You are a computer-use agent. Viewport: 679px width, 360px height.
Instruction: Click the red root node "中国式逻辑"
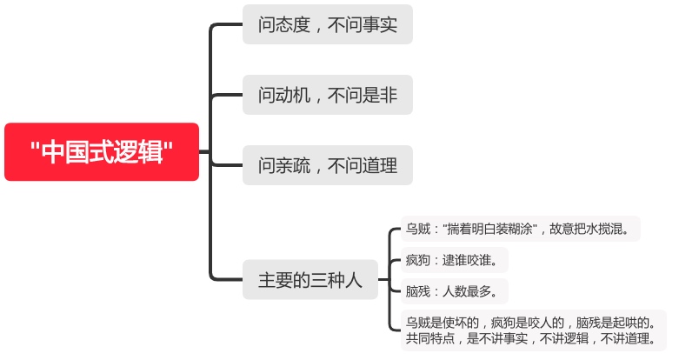tap(102, 152)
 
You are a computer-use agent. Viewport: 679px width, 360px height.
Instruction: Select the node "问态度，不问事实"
tap(327, 25)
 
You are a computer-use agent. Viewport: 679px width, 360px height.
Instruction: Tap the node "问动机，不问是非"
tap(327, 95)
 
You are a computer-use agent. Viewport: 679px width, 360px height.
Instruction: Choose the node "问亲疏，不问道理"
tap(327, 165)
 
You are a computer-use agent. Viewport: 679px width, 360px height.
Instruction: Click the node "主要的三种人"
tap(310, 280)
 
